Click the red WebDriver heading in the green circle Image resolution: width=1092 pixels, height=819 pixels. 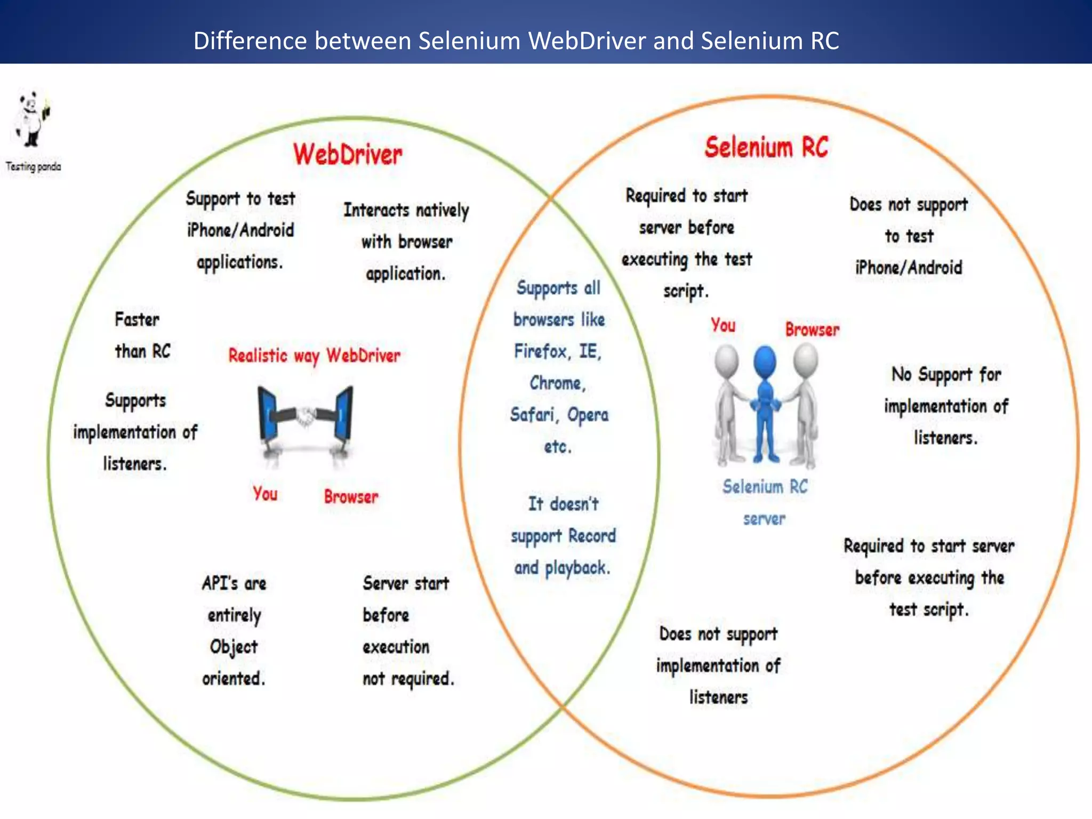click(x=348, y=155)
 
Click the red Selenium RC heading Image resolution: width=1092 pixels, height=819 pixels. click(x=766, y=147)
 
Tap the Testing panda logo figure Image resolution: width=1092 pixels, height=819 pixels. click(x=32, y=120)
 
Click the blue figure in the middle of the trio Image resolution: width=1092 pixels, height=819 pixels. click(x=765, y=405)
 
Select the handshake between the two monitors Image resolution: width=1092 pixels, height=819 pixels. click(x=305, y=416)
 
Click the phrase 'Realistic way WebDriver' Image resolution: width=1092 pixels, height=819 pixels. click(x=314, y=356)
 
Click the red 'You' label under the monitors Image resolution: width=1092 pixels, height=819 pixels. click(x=265, y=494)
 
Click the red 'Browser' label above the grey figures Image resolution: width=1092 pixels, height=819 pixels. click(x=812, y=330)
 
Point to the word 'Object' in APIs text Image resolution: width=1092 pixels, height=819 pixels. click(x=234, y=647)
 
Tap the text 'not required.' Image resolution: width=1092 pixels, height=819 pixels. click(x=408, y=679)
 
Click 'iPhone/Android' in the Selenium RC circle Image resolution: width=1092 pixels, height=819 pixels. click(x=909, y=267)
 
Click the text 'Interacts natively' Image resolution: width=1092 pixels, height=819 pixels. click(x=406, y=210)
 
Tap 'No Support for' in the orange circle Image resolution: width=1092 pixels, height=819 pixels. click(x=946, y=374)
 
